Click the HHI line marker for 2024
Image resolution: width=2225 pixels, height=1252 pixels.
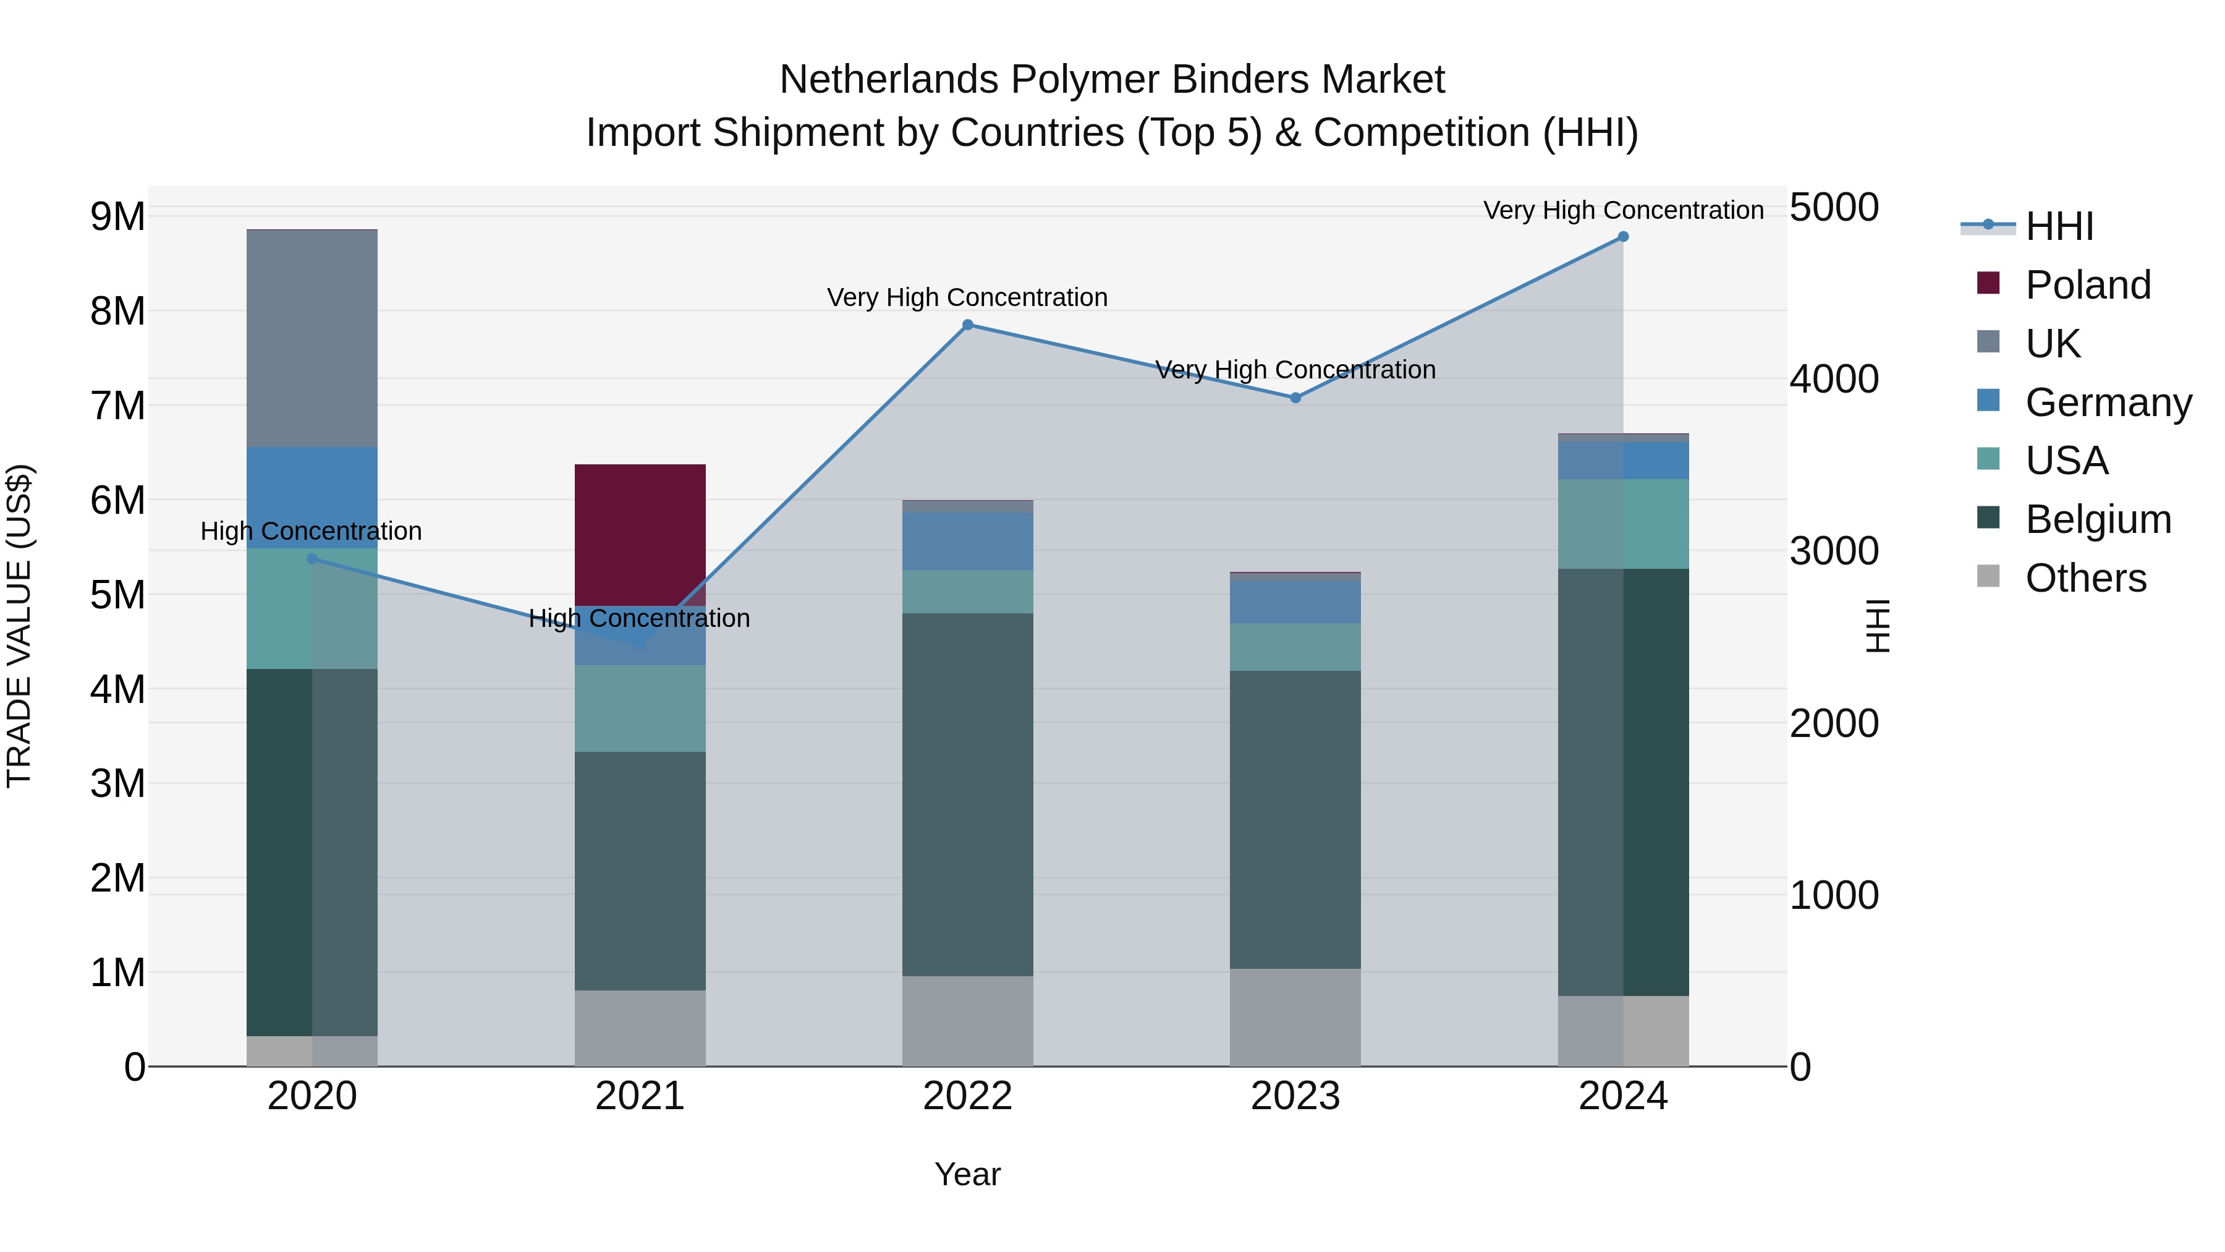(x=1623, y=237)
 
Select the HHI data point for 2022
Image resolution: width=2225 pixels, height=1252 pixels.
(x=967, y=325)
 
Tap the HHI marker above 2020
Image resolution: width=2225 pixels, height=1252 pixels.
(x=313, y=559)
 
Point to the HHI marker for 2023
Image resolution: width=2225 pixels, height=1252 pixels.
(x=1295, y=398)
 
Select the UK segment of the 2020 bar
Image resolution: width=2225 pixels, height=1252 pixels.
(x=312, y=339)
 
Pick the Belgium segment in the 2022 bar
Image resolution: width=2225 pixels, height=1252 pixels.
(x=967, y=795)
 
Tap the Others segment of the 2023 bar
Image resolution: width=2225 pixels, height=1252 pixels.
(x=1295, y=1017)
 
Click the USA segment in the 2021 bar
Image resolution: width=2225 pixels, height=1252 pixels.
(x=640, y=709)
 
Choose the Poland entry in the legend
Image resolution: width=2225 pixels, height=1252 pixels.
(x=2088, y=285)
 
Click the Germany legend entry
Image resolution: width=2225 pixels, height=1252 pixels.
(x=2108, y=402)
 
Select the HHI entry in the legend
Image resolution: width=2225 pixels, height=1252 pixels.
(x=2059, y=226)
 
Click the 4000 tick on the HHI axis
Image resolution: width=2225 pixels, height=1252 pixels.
(x=1834, y=380)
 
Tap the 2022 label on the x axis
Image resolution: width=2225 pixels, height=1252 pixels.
(x=967, y=1096)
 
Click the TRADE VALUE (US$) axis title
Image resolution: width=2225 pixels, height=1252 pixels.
(x=19, y=626)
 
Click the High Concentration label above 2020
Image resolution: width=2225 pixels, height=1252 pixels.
(x=311, y=531)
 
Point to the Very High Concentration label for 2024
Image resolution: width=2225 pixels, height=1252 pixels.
(x=1623, y=211)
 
